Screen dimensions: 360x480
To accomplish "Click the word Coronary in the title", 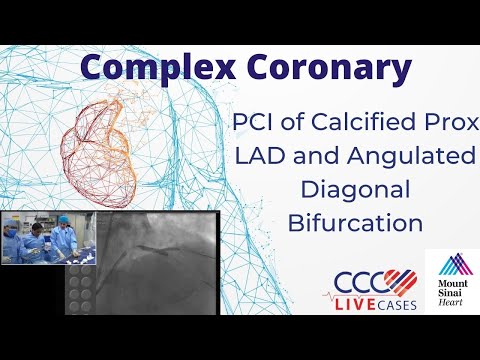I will click(x=321, y=67).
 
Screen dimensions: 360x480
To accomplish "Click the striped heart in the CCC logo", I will click(x=400, y=283).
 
